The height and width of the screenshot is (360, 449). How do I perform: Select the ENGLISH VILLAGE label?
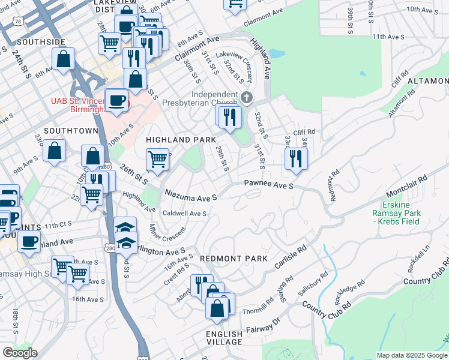tap(224, 338)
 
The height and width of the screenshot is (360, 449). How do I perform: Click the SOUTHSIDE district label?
tap(41, 42)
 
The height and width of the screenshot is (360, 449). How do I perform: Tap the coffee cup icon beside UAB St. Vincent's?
tap(116, 100)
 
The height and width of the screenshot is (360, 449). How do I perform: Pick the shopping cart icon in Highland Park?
tap(157, 160)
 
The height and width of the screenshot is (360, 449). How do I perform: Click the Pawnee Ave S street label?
tap(268, 186)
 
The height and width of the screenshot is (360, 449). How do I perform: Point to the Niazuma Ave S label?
tap(190, 194)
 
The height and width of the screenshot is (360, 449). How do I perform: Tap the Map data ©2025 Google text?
tap(411, 355)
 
